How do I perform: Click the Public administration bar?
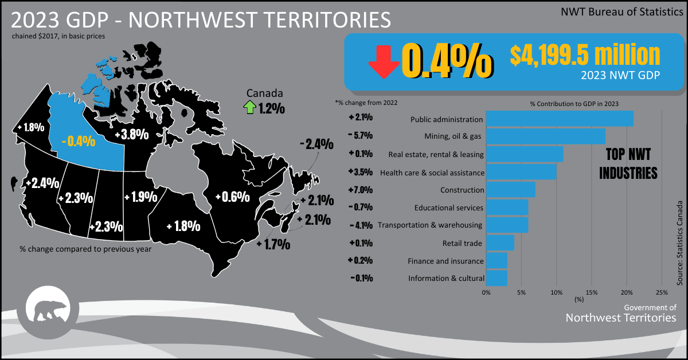click(560, 119)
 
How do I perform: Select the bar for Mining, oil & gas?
click(545, 136)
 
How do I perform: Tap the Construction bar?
click(510, 189)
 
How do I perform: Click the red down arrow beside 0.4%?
click(384, 62)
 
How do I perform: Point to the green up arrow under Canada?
click(249, 107)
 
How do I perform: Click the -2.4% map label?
click(316, 144)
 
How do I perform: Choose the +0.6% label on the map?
click(232, 197)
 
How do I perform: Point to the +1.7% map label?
click(273, 245)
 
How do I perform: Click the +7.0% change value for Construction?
click(361, 190)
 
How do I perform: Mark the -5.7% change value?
click(361, 136)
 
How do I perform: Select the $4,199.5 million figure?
click(585, 55)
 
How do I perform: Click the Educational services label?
click(449, 208)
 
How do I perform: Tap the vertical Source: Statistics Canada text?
click(680, 243)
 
